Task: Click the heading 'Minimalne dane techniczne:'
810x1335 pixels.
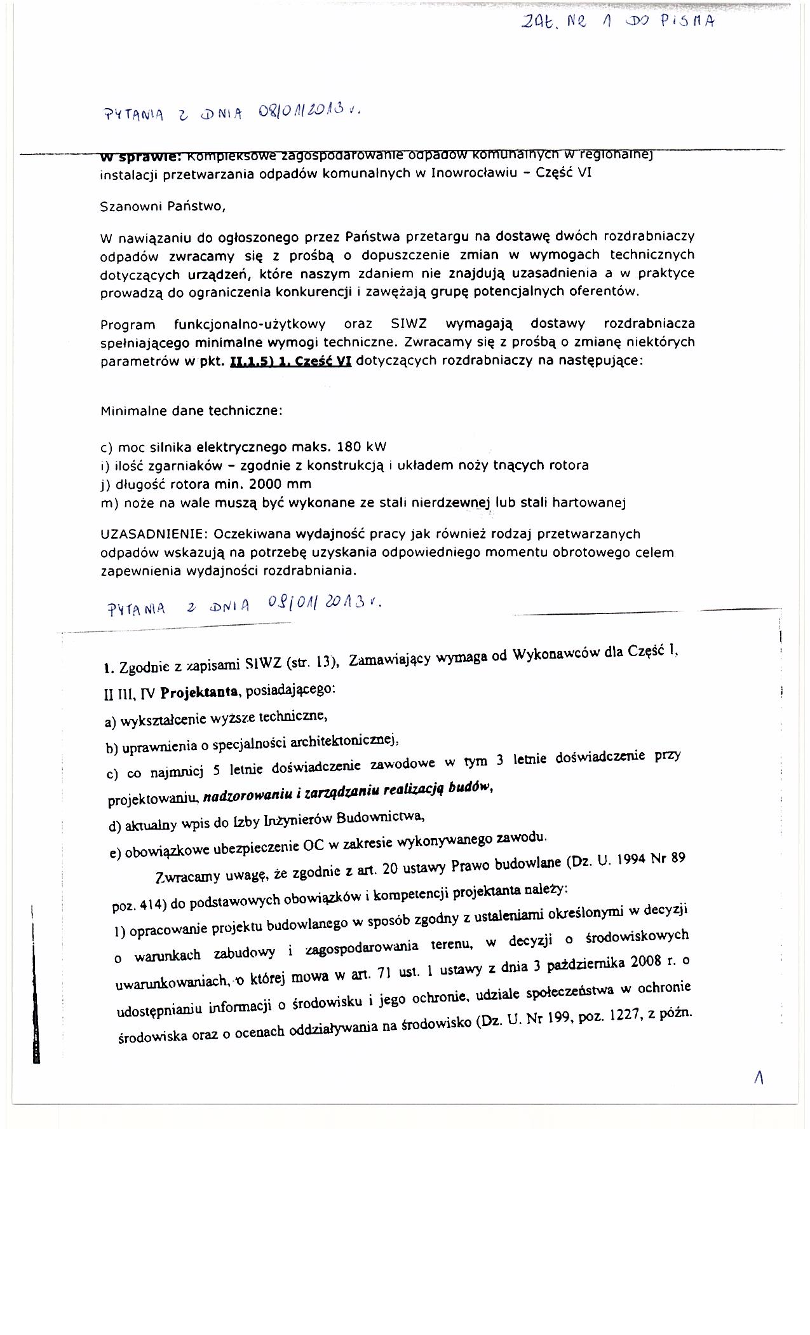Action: [191, 411]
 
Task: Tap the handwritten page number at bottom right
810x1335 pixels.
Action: [758, 1077]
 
